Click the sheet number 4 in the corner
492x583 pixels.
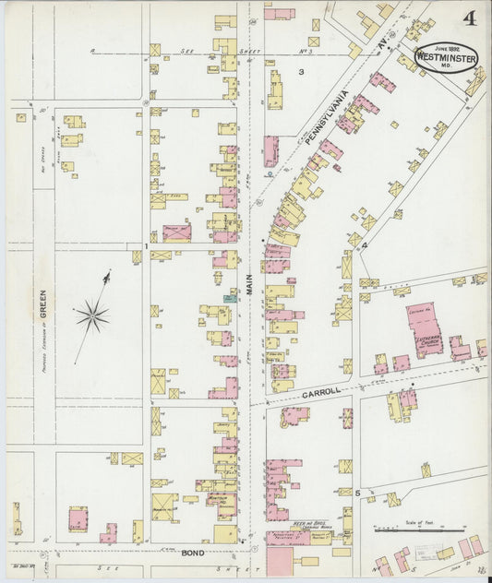pyautogui.click(x=470, y=18)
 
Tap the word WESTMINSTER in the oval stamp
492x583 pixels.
pyautogui.click(x=447, y=55)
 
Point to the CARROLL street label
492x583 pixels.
pyautogui.click(x=321, y=392)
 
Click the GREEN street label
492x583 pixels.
pyautogui.click(x=42, y=302)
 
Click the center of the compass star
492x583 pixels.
pyautogui.click(x=92, y=317)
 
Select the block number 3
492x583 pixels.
pyautogui.click(x=301, y=71)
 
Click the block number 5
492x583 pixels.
pyautogui.click(x=357, y=494)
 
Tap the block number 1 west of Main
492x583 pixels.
pyautogui.click(x=146, y=247)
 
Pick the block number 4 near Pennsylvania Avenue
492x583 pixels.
pyautogui.click(x=365, y=245)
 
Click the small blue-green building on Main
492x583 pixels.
pyautogui.click(x=229, y=299)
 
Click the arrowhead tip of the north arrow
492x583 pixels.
pyautogui.click(x=108, y=272)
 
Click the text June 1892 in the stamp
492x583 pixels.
pyautogui.click(x=447, y=46)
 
